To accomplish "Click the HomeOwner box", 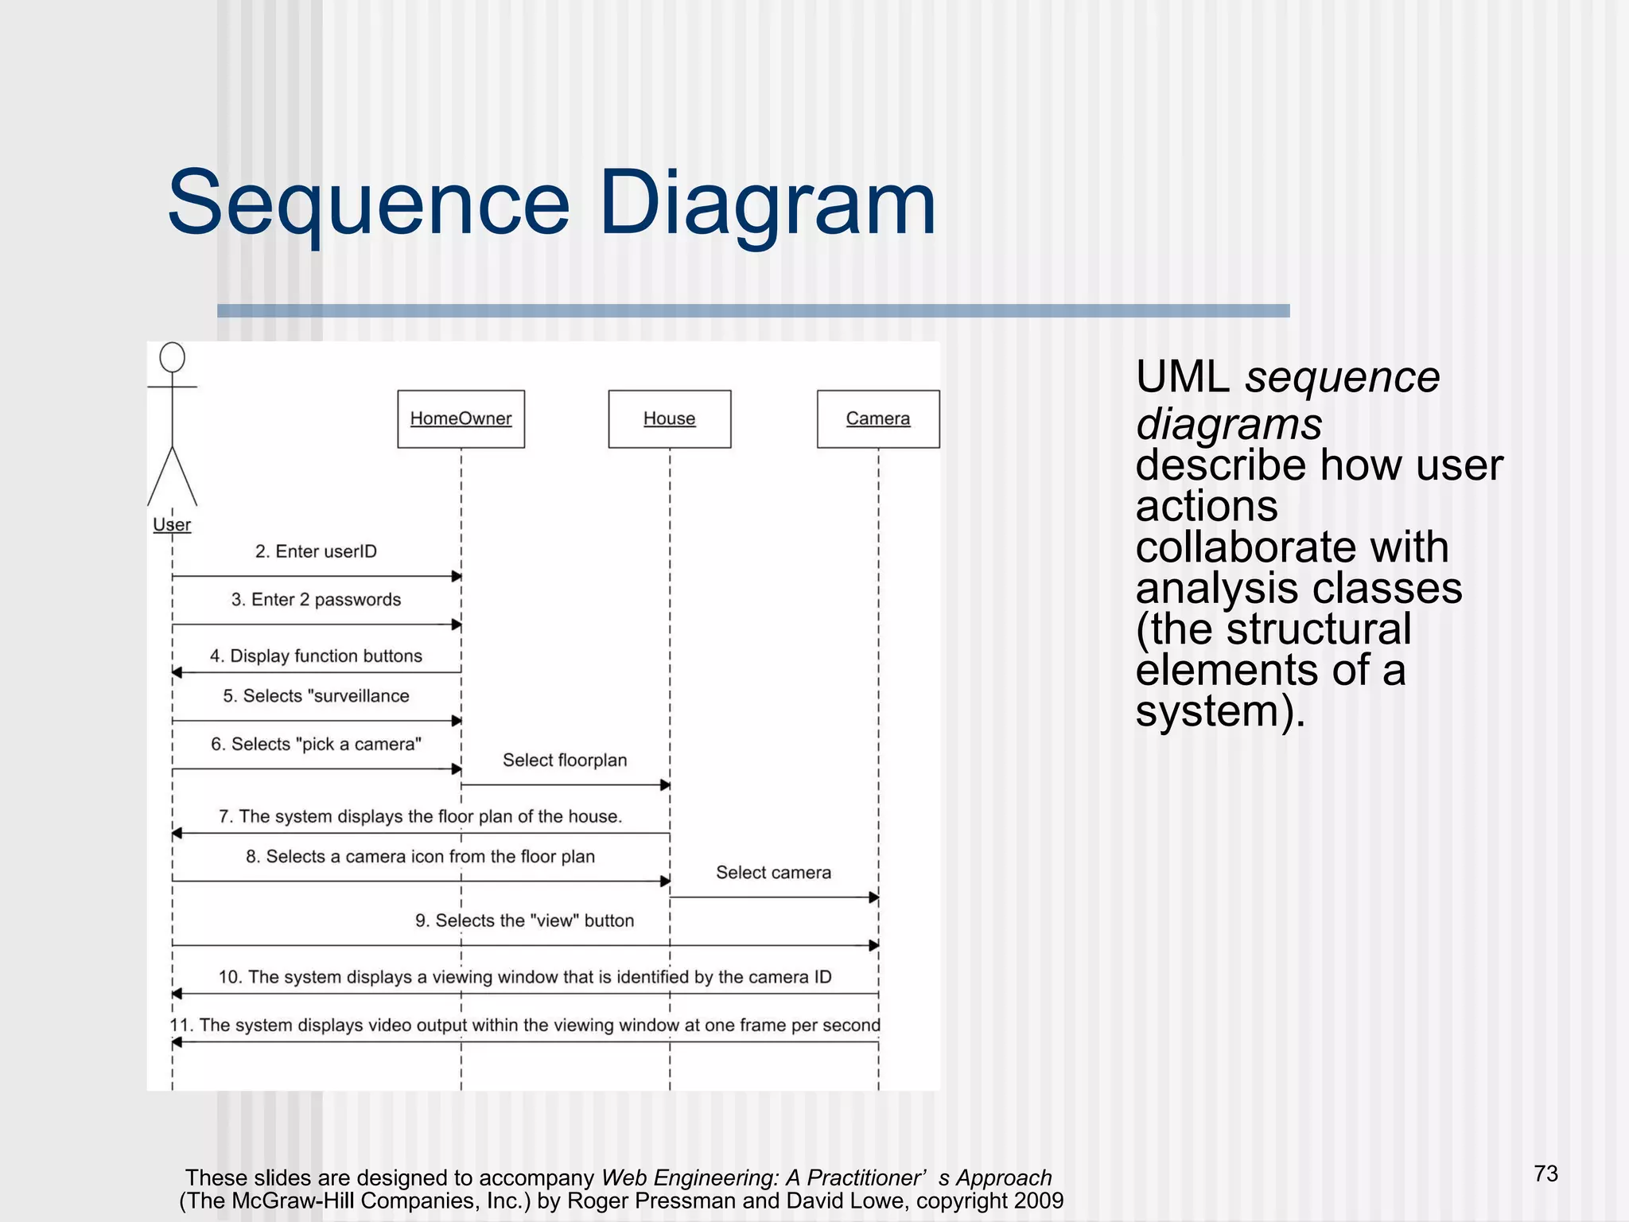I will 461,418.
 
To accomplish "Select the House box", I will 669,418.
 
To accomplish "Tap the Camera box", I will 877,418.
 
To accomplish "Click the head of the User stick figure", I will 172,357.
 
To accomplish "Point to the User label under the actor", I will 172,525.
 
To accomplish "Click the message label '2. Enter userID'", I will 316,551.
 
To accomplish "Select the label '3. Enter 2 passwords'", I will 316,600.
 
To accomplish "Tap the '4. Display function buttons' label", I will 316,656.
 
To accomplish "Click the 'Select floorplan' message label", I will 565,761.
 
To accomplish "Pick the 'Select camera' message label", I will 773,873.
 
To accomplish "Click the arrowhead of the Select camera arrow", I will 873,897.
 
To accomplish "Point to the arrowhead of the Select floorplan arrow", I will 665,785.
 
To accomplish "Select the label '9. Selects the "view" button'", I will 524,921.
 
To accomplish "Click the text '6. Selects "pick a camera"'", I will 316,745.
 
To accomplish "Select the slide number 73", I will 1545,1173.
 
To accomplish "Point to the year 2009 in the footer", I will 1036,1201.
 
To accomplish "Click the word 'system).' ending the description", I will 1220,710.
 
